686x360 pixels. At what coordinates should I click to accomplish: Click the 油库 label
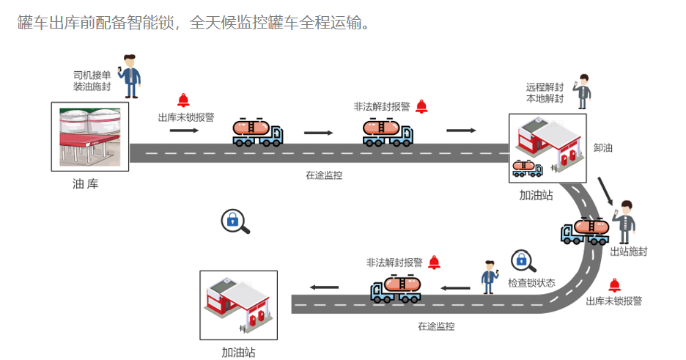[85, 184]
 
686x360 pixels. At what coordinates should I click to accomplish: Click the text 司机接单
[92, 75]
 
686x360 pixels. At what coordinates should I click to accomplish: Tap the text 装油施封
[92, 87]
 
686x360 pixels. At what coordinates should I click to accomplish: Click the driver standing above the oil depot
[130, 76]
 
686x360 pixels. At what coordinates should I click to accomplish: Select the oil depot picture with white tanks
[90, 136]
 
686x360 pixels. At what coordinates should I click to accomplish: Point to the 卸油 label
[602, 147]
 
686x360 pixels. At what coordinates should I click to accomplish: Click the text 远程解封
[545, 87]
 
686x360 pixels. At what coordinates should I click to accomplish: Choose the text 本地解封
[545, 99]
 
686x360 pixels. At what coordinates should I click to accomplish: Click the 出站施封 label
[629, 251]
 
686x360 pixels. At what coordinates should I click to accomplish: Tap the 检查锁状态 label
[531, 283]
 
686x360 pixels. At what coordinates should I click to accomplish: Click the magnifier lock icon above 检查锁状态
[523, 261]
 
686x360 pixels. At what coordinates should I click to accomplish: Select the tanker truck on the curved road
[586, 231]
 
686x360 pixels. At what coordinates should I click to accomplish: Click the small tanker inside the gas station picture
[527, 168]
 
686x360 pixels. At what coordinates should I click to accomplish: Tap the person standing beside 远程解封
[583, 92]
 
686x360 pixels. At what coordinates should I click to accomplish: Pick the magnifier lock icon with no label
[235, 221]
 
